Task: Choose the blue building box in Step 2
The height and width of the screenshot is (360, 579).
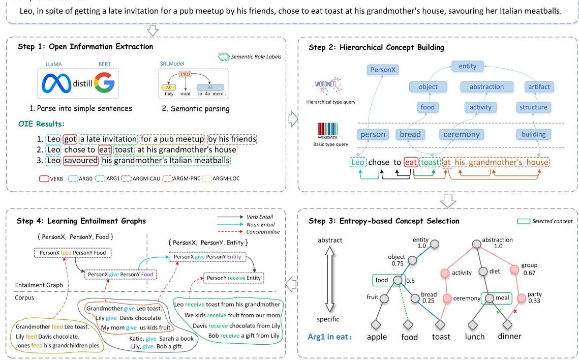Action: click(533, 135)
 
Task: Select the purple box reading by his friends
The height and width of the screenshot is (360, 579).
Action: click(232, 139)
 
